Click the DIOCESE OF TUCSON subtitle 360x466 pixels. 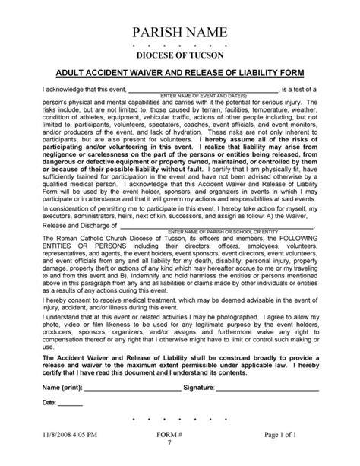(x=179, y=57)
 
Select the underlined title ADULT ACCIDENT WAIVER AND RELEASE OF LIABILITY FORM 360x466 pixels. (x=179, y=74)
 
